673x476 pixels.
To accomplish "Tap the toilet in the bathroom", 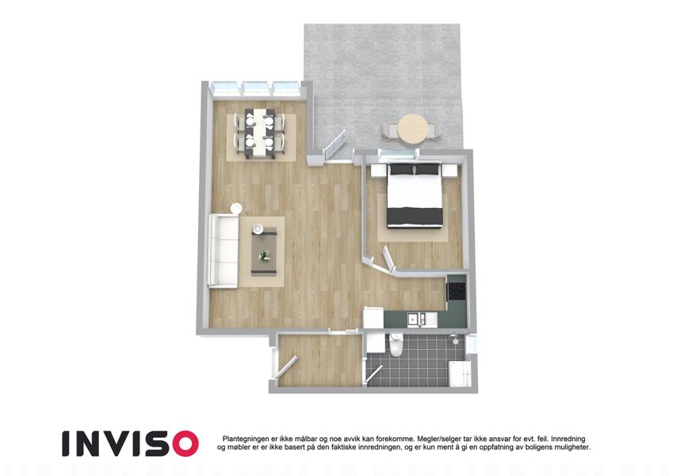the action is tap(396, 344).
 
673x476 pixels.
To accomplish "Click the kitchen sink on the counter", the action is tap(417, 319).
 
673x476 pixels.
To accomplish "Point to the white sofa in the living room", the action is tap(224, 250).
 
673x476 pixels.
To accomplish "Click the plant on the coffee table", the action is tap(265, 256).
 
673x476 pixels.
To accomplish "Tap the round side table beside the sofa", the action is tap(237, 209).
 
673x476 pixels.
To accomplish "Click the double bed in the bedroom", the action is tap(415, 195).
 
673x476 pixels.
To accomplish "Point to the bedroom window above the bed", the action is tap(398, 154).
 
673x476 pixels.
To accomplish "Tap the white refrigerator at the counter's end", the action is tap(373, 318).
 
